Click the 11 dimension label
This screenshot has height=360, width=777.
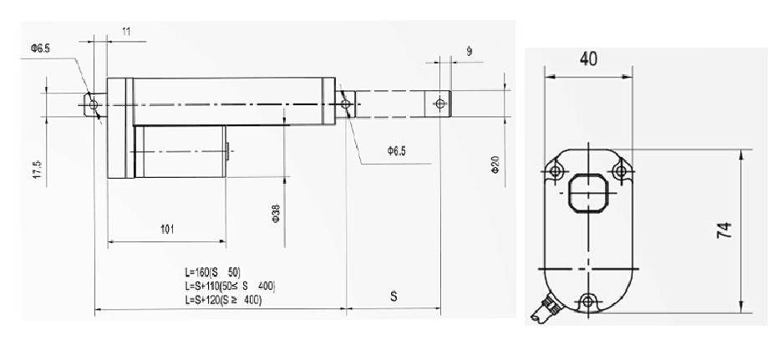click(x=127, y=31)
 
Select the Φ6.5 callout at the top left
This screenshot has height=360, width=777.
click(x=40, y=48)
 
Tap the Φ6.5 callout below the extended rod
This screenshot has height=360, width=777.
click(x=396, y=151)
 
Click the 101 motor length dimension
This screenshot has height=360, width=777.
click(x=167, y=231)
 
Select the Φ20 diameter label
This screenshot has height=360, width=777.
click(x=495, y=164)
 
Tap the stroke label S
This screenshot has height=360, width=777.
click(x=394, y=297)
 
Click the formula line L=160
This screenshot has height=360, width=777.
click(x=213, y=273)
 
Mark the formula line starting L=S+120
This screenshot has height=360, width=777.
click(x=223, y=299)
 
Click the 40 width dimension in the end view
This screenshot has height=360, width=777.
click(x=587, y=60)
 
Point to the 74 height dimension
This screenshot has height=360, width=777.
click(x=724, y=231)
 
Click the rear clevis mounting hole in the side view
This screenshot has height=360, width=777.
click(x=93, y=105)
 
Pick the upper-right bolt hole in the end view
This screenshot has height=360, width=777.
click(x=618, y=171)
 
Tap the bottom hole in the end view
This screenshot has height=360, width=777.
click(x=587, y=301)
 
